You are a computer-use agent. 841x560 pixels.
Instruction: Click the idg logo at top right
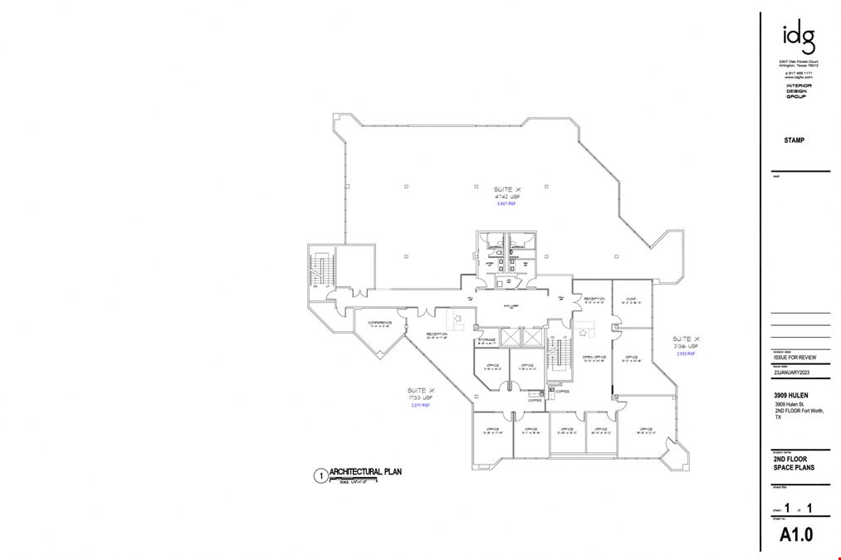(x=798, y=37)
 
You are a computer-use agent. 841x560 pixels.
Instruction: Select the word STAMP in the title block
(x=795, y=141)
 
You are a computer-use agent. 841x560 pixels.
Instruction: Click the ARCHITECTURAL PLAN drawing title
(x=365, y=472)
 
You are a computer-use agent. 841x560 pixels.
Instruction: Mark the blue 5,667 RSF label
(x=506, y=204)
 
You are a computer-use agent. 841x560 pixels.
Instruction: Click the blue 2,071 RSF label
(x=421, y=406)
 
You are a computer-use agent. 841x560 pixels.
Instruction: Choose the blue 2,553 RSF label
(x=686, y=353)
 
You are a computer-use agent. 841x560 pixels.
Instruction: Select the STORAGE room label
(x=487, y=339)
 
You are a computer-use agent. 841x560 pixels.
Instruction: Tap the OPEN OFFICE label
(x=594, y=357)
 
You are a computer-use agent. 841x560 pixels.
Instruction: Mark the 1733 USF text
(x=419, y=397)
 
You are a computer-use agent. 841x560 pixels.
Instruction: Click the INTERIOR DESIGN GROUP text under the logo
(x=798, y=90)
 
